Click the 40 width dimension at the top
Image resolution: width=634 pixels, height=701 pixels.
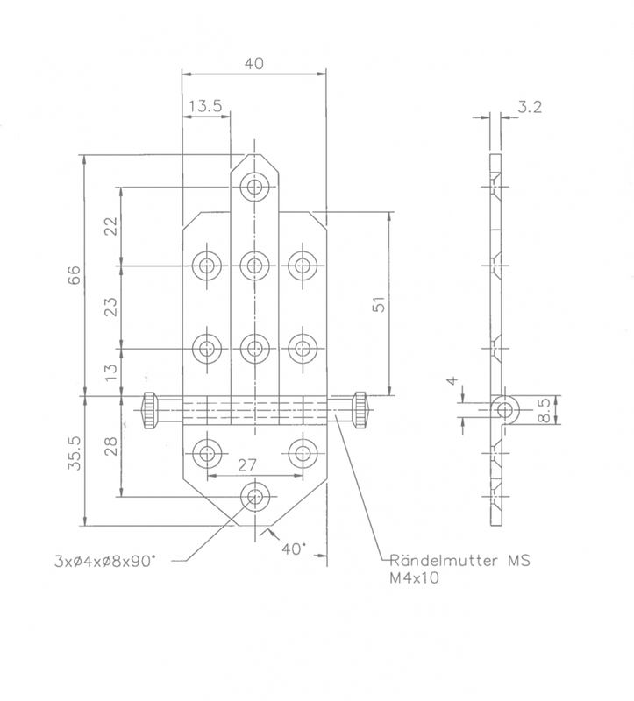coord(254,63)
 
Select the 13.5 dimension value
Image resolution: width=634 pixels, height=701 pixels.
coord(205,106)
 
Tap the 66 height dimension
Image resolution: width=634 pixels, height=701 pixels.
coord(74,274)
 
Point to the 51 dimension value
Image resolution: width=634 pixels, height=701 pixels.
coord(379,304)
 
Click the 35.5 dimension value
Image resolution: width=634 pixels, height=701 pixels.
coord(75,453)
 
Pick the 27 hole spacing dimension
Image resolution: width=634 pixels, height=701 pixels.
coord(247,465)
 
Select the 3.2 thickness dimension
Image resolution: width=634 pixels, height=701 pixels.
coord(530,107)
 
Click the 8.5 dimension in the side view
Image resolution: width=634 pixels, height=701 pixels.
coord(543,410)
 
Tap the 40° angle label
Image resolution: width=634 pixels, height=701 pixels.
coord(294,549)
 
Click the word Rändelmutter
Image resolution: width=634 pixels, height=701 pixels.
coord(444,560)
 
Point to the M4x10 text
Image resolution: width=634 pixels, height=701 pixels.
coord(414,577)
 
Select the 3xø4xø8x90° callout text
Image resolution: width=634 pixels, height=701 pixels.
coord(105,561)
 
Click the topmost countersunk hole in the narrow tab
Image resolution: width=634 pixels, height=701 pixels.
coord(254,187)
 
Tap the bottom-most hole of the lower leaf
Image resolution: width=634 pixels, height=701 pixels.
coord(255,497)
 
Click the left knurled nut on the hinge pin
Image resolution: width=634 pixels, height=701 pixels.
coord(150,410)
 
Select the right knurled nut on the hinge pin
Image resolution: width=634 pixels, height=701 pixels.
coord(360,410)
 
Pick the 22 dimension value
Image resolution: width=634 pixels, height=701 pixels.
coord(111,226)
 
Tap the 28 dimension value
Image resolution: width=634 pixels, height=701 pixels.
coord(111,446)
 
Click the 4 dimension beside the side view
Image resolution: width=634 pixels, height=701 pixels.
coord(453,380)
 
